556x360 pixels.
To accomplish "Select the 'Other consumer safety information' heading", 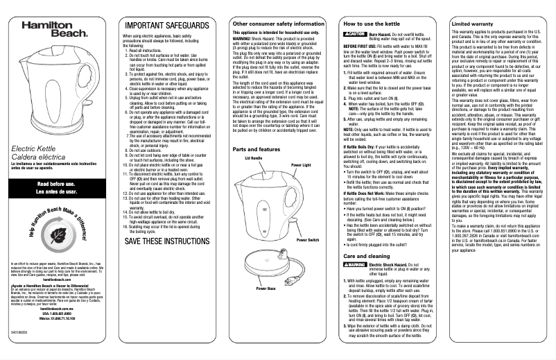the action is pyautogui.click(x=277, y=24).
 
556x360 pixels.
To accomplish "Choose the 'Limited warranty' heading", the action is pyautogui.click(x=471, y=24).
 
